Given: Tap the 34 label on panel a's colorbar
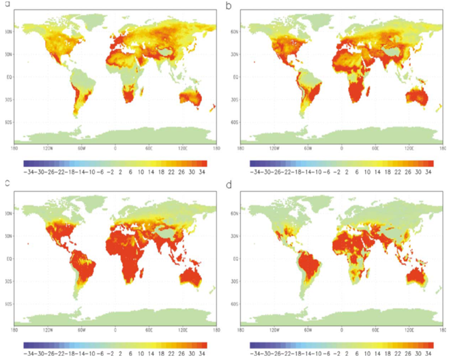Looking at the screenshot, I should [x=203, y=173].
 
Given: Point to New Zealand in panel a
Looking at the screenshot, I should [x=213, y=107].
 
